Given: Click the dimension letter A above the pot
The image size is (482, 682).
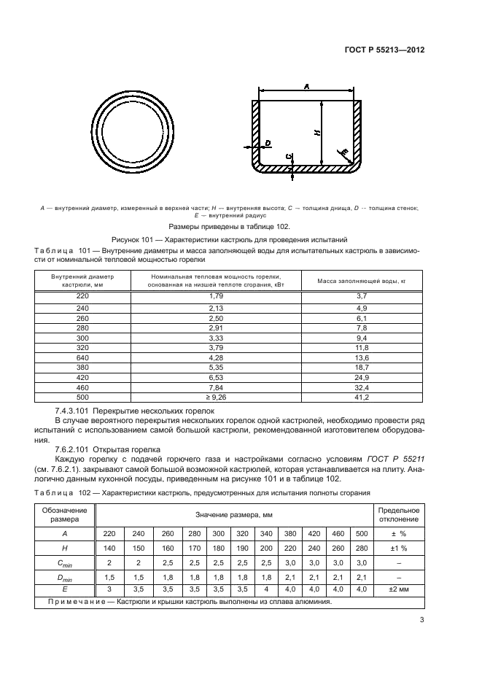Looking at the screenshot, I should [306, 87].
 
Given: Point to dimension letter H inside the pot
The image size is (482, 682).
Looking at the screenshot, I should [316, 132].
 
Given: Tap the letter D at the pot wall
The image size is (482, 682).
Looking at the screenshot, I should [268, 142].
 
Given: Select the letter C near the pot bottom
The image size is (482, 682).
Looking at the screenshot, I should [290, 156].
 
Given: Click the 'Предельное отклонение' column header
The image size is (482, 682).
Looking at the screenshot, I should [398, 514].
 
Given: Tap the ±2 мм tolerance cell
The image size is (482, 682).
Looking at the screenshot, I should [398, 589].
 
